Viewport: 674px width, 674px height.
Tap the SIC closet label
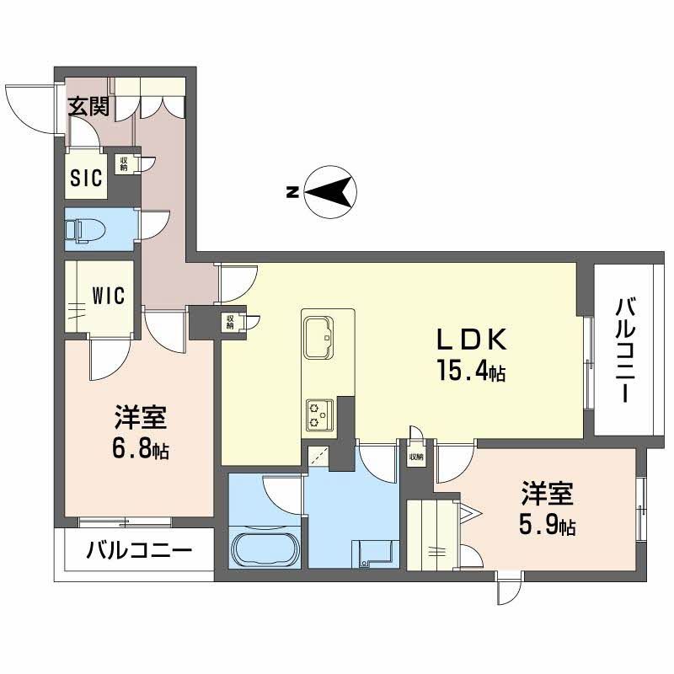[86, 177]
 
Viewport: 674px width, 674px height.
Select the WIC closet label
[109, 295]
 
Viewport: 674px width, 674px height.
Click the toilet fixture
[83, 228]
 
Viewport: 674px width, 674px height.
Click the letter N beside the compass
[291, 192]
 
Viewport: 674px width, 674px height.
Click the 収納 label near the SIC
[123, 163]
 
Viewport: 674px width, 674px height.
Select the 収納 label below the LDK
[416, 457]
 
